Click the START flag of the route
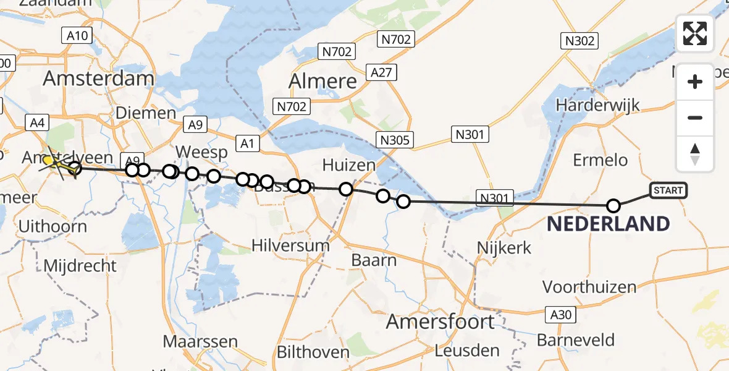pos(668,190)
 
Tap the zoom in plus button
pos(695,82)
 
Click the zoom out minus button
pos(695,117)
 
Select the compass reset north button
pos(695,153)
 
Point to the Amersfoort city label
pos(440,322)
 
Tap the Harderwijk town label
pos(597,105)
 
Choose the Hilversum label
pos(290,245)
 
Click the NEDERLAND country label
pos(609,224)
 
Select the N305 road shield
pos(395,140)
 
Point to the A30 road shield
pos(561,315)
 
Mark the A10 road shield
pos(77,36)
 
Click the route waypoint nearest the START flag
pos(613,206)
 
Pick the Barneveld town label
pos(576,340)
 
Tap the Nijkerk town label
pos(504,248)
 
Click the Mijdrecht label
pos(80,266)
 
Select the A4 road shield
pos(35,123)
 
